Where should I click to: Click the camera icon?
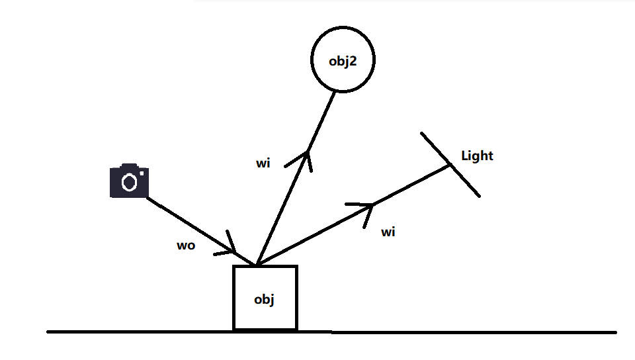click(129, 180)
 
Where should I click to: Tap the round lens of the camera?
click(130, 182)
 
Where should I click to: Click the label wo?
click(185, 246)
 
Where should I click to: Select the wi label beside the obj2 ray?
click(263, 163)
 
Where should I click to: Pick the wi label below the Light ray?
click(388, 232)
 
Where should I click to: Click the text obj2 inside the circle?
click(343, 61)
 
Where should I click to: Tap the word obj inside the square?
click(264, 299)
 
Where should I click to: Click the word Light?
click(477, 156)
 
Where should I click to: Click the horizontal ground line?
click(463, 332)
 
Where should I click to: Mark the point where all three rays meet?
click(256, 265)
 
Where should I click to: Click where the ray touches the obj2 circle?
click(336, 92)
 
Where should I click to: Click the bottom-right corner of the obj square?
click(296, 329)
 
